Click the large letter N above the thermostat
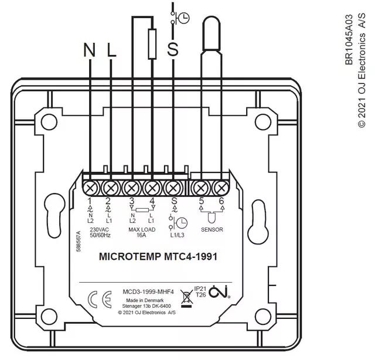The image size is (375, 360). (89, 51)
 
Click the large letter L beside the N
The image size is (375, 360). (112, 51)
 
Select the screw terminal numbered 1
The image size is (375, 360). (91, 188)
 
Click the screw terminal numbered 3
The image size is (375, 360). (132, 188)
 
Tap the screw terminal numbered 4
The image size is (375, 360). (152, 188)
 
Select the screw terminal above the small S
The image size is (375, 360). (173, 188)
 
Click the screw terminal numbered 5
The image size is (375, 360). (201, 188)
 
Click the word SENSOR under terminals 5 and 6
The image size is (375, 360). (212, 230)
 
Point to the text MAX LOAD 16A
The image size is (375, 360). (142, 233)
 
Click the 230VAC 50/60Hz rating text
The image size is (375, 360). (101, 233)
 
